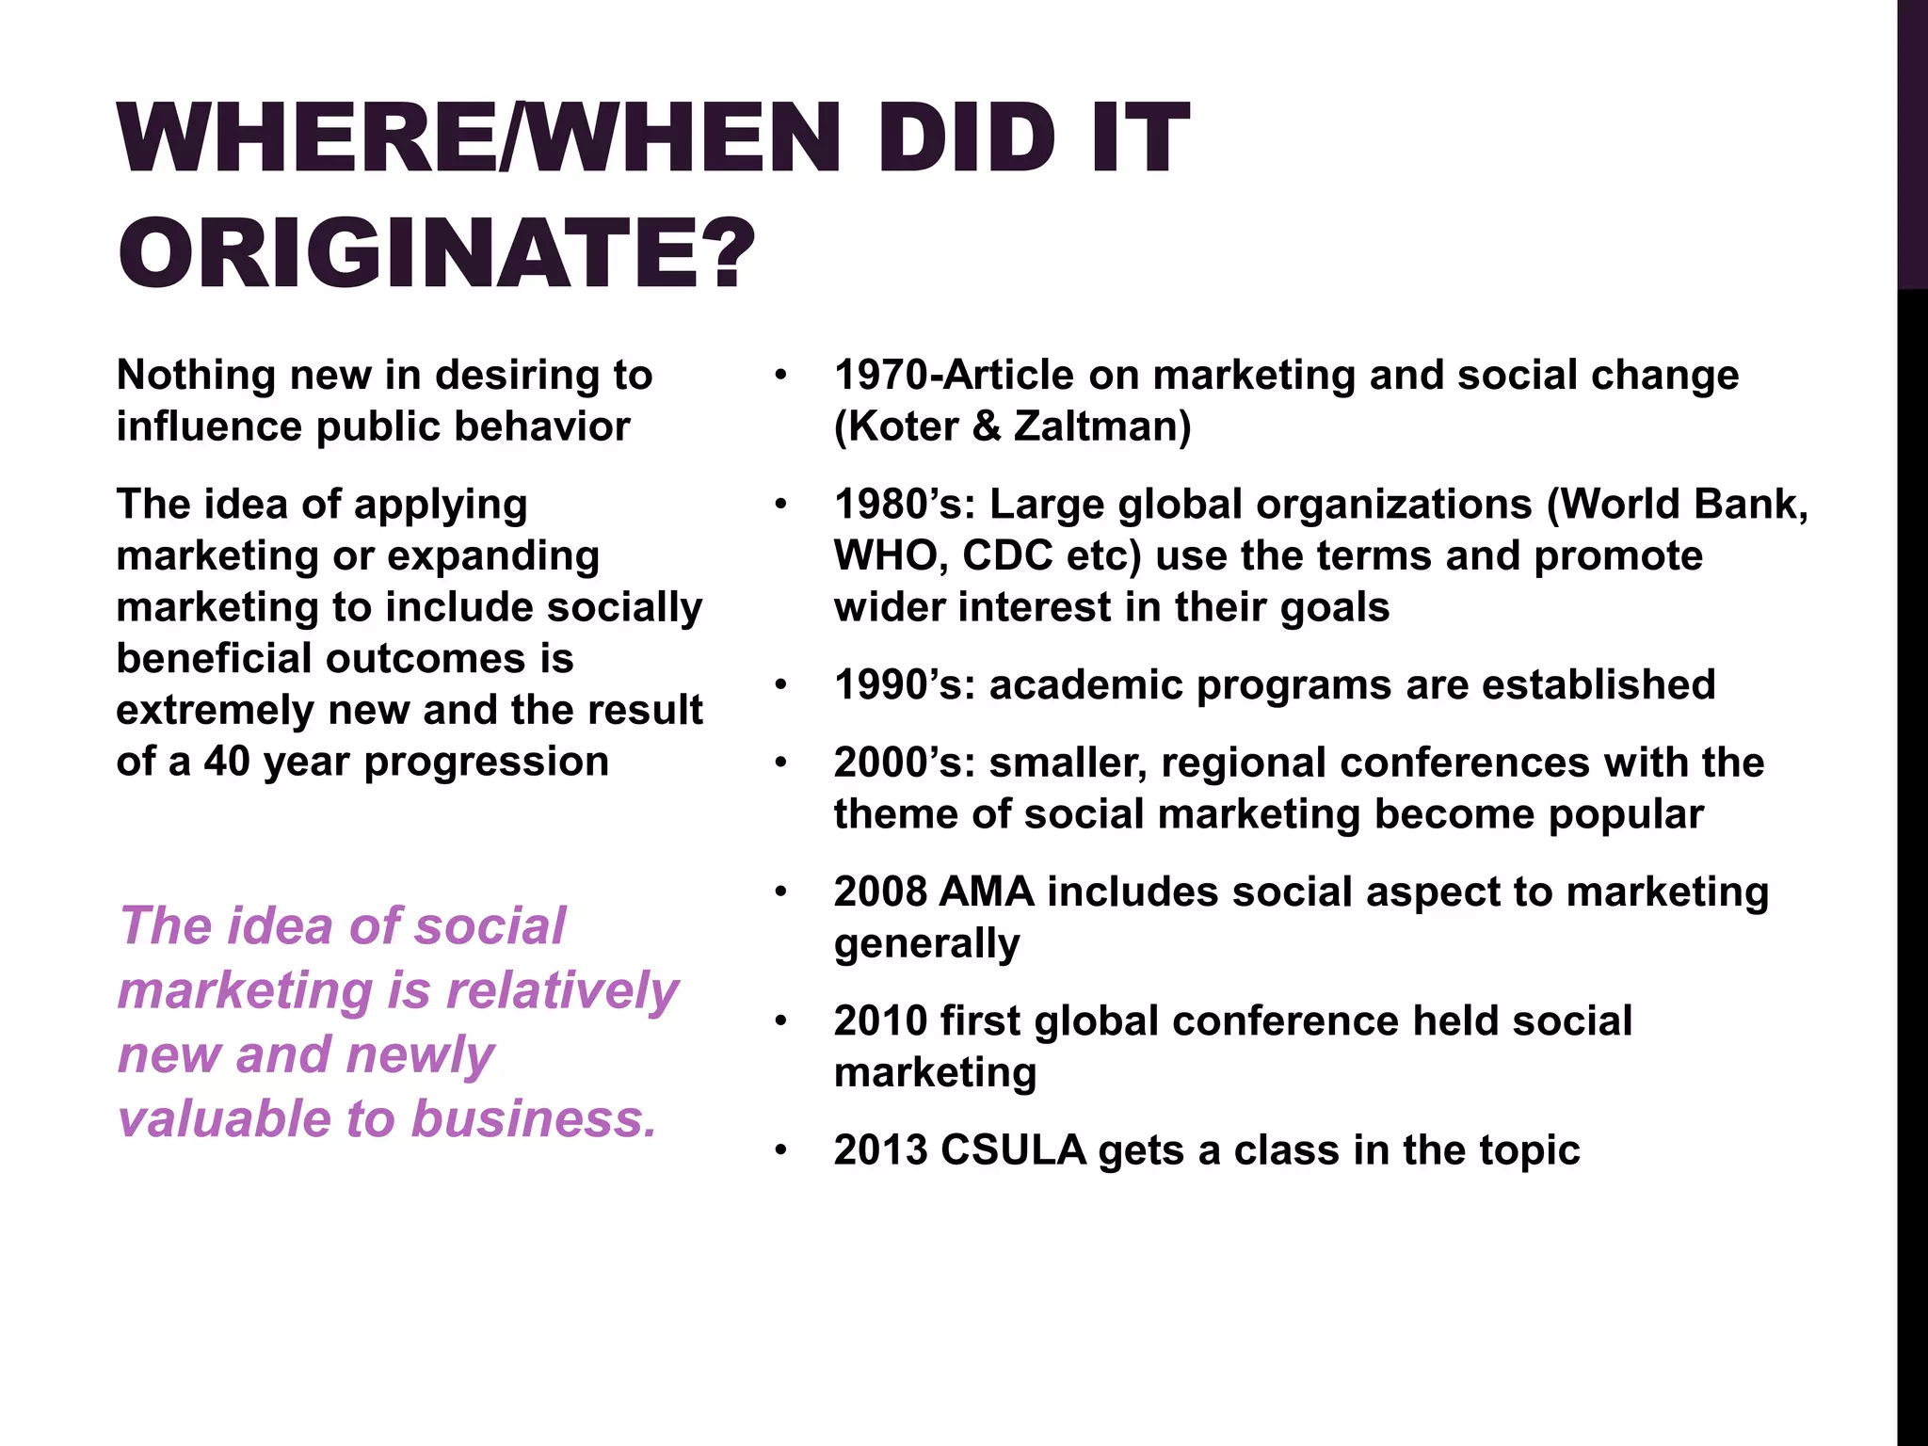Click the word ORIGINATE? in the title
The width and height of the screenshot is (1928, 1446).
coord(437,252)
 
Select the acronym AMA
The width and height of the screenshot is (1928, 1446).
coord(987,892)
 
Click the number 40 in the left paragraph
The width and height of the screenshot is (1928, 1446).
coord(227,761)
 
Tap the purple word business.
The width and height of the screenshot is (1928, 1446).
coord(534,1118)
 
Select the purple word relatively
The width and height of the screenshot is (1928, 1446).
coord(562,990)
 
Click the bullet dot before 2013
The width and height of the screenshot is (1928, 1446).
coord(779,1150)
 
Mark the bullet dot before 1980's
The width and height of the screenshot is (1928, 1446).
coord(779,505)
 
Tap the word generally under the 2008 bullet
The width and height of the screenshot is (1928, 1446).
coord(926,943)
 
